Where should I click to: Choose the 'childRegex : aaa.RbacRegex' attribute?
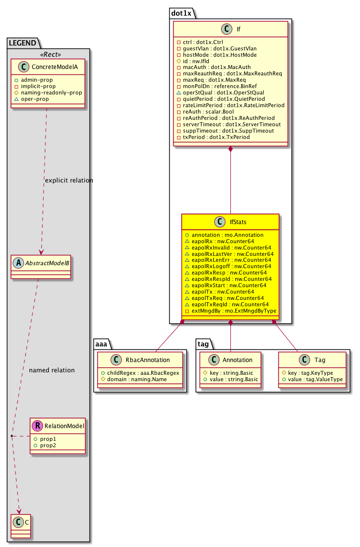(140, 373)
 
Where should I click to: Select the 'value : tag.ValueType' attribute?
(315, 380)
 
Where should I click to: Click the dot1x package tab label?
(181, 13)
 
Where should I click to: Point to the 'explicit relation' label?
(68, 181)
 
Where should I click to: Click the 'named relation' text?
(52, 370)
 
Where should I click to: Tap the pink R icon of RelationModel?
(37, 426)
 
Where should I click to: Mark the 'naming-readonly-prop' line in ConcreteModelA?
(55, 92)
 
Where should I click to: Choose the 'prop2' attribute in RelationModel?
(48, 446)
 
